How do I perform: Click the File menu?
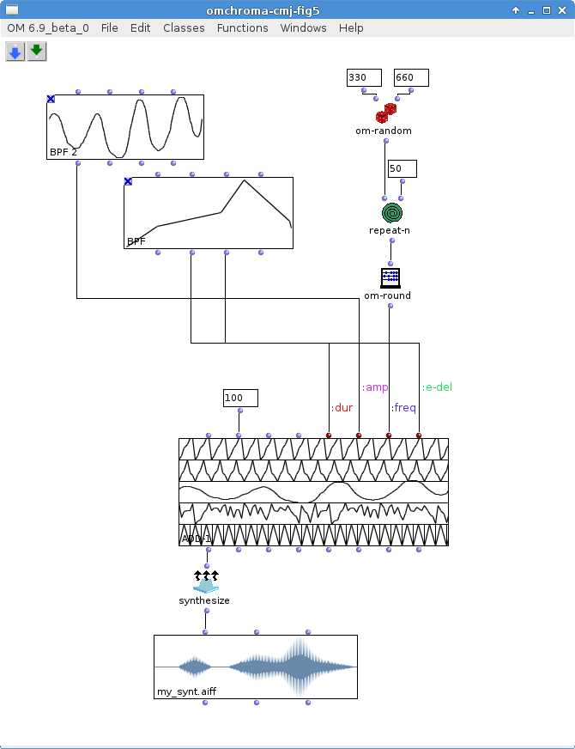(109, 27)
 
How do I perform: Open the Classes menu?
(184, 27)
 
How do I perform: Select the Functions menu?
(242, 27)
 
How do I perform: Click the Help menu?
(351, 27)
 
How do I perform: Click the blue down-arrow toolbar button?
(15, 52)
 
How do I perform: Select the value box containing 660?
(411, 78)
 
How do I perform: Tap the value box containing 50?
(402, 168)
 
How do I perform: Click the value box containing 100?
(239, 398)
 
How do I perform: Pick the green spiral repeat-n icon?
(392, 212)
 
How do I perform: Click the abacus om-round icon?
(390, 277)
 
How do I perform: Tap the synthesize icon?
(205, 582)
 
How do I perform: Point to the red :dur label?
(342, 408)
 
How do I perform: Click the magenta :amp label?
(375, 387)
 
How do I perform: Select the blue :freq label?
(403, 408)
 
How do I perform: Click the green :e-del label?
(437, 387)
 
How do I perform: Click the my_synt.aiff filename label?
(184, 691)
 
